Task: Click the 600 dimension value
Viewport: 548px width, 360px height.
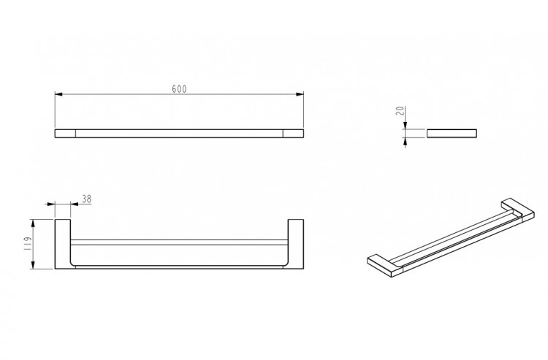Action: pyautogui.click(x=179, y=89)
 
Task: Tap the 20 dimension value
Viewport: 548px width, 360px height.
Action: pyautogui.click(x=401, y=111)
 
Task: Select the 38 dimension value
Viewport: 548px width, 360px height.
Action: pyautogui.click(x=87, y=199)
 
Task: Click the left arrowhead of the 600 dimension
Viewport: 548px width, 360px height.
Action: pyautogui.click(x=58, y=94)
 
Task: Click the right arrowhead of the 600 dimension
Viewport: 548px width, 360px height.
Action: pyautogui.click(x=300, y=94)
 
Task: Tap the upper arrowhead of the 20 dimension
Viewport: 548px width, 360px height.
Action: pyautogui.click(x=405, y=126)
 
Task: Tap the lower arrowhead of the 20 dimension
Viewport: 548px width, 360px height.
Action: pyautogui.click(x=405, y=141)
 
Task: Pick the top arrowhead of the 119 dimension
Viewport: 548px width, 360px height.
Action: pyautogui.click(x=33, y=223)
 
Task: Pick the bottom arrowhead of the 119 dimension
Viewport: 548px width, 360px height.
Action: pyautogui.click(x=33, y=265)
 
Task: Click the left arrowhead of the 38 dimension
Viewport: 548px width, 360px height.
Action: pyautogui.click(x=51, y=204)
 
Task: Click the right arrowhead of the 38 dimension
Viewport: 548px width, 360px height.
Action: pyautogui.click(x=75, y=204)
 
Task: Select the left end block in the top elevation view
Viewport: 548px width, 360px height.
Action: pyautogui.click(x=65, y=134)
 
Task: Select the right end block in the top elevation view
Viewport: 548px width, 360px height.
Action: pyautogui.click(x=293, y=134)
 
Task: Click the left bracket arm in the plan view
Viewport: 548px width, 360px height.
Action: pyautogui.click(x=63, y=244)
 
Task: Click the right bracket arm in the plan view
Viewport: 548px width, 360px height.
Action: pyautogui.click(x=296, y=244)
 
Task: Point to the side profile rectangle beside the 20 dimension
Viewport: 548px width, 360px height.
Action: pyautogui.click(x=452, y=134)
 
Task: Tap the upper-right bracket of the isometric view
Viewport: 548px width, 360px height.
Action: pyautogui.click(x=518, y=210)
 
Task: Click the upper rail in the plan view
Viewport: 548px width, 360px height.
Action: pyautogui.click(x=179, y=242)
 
